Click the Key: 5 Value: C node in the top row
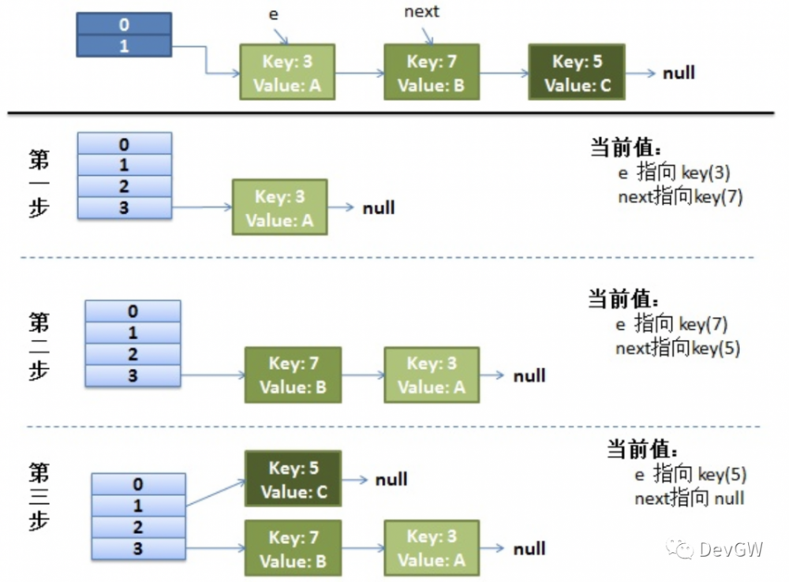click(x=576, y=73)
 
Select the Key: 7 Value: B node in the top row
click(x=431, y=73)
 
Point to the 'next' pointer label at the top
click(x=421, y=12)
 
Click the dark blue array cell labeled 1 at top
click(x=124, y=47)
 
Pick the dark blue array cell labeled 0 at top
click(x=124, y=25)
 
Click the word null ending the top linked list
click(x=679, y=73)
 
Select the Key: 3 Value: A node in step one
click(x=279, y=207)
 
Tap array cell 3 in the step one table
click(x=124, y=207)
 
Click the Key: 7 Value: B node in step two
click(x=293, y=375)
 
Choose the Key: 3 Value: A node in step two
click(x=431, y=375)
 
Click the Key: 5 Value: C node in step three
click(x=293, y=479)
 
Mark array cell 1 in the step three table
click(x=138, y=506)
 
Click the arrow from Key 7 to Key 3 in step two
click(x=362, y=375)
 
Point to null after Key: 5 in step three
click(x=391, y=479)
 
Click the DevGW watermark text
click(x=730, y=550)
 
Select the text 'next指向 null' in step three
click(x=689, y=498)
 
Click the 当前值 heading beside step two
click(x=624, y=300)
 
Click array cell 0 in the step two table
click(x=132, y=312)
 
